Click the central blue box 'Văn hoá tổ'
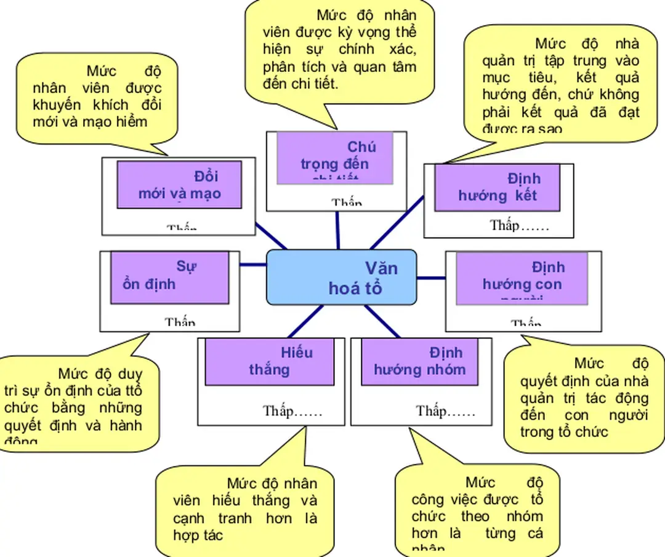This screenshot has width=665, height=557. (341, 278)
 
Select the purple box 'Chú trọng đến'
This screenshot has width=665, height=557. (334, 158)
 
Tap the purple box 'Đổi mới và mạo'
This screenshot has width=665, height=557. (179, 185)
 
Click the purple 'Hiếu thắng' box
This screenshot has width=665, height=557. (269, 361)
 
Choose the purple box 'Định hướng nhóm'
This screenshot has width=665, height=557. (419, 361)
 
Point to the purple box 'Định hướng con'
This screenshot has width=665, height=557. (522, 278)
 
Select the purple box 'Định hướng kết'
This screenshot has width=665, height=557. (497, 188)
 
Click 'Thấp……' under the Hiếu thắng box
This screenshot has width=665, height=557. (292, 411)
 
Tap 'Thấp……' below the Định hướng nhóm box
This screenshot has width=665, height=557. (445, 411)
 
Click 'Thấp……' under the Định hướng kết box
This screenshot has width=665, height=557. (519, 225)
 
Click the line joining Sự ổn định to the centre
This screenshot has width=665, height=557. (252, 265)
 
